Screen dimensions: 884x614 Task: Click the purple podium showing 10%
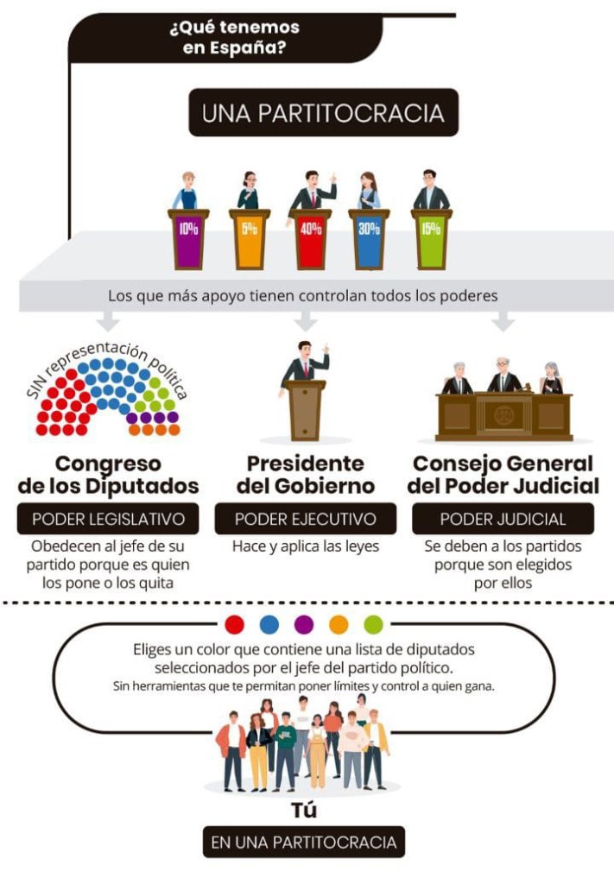click(x=188, y=238)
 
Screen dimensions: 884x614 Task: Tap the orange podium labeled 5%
click(x=249, y=238)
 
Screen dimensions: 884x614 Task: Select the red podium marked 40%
click(x=310, y=238)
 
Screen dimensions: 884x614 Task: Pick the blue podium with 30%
click(x=370, y=238)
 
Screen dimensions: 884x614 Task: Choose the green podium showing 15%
click(x=431, y=238)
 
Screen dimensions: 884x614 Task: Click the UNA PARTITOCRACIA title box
click(x=323, y=113)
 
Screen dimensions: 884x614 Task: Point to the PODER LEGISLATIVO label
click(x=108, y=519)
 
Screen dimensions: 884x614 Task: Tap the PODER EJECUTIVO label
click(x=306, y=519)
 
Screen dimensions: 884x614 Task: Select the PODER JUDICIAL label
click(x=503, y=519)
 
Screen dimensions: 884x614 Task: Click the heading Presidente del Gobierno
click(x=306, y=474)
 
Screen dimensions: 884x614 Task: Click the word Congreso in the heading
click(x=108, y=463)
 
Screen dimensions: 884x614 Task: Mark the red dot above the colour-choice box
click(x=234, y=624)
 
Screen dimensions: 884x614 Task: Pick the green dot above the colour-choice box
click(x=373, y=624)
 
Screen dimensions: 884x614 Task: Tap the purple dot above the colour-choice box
click(x=304, y=624)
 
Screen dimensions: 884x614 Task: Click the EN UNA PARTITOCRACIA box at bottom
click(x=304, y=842)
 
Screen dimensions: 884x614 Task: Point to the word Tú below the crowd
click(x=303, y=811)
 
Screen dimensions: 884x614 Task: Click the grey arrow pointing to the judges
click(x=503, y=322)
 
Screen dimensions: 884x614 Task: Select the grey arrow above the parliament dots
click(x=108, y=322)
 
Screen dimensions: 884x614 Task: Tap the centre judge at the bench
click(x=503, y=376)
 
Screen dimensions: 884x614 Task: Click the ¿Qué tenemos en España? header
click(x=229, y=37)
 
